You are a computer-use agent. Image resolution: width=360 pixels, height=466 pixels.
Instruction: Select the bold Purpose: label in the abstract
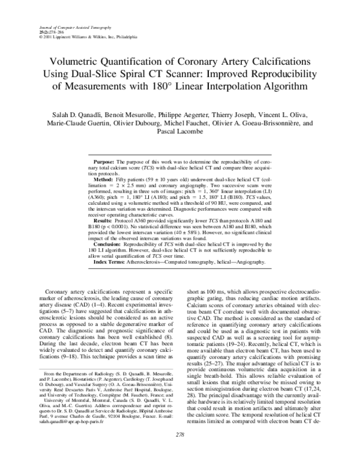[106, 162]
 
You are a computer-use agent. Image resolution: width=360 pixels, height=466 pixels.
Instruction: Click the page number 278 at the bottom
[179, 450]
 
